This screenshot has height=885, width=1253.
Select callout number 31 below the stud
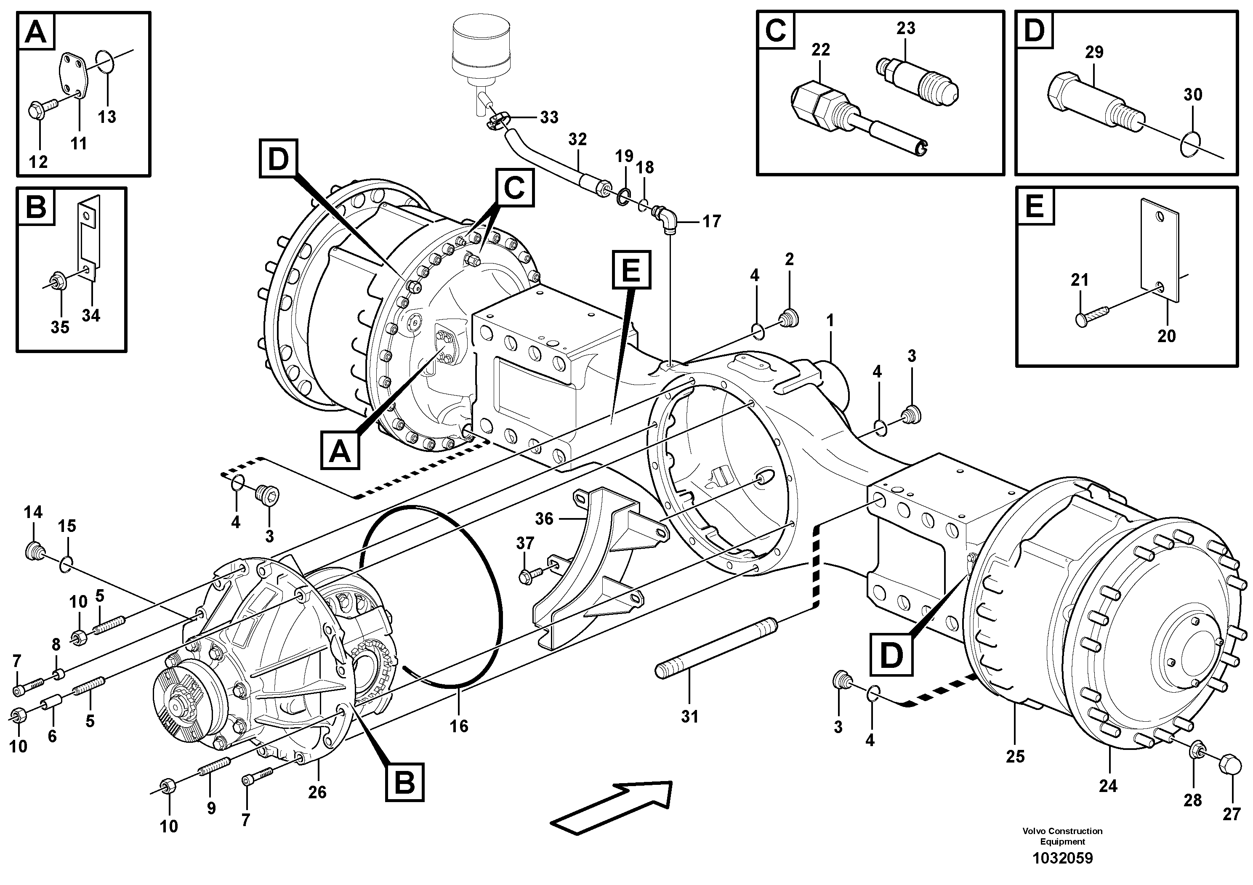(689, 716)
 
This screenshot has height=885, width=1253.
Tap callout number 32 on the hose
(577, 140)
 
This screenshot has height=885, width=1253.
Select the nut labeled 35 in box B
(57, 282)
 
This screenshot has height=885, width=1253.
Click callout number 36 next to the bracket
(544, 518)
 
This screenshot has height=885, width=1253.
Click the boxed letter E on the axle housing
(631, 269)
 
